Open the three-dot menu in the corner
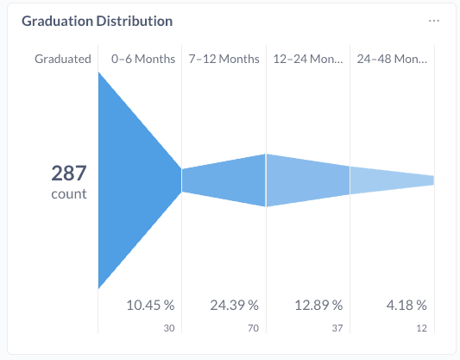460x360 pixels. (434, 21)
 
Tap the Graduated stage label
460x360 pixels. (63, 59)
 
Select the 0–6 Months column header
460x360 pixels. (143, 59)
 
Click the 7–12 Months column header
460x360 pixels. (224, 59)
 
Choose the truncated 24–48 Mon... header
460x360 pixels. (392, 59)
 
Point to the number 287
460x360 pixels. (69, 173)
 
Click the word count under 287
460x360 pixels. (69, 193)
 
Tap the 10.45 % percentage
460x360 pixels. (151, 305)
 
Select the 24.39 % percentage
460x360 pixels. (235, 305)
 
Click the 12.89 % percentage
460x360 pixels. (319, 305)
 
